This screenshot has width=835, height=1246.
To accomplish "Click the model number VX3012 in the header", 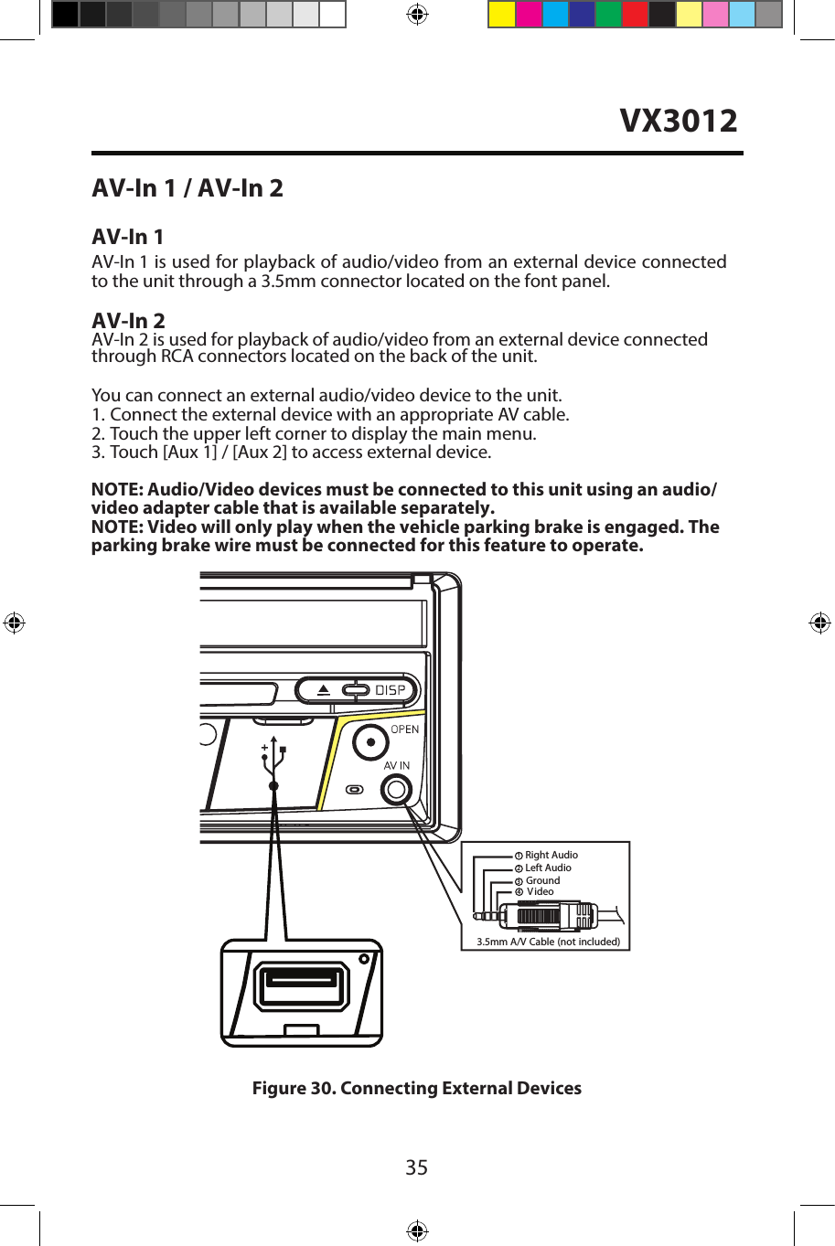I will click(678, 121).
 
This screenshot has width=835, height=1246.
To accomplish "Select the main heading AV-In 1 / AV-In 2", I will click(187, 188).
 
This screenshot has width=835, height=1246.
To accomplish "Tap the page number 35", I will click(416, 1167).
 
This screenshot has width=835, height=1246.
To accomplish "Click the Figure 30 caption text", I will click(416, 1088).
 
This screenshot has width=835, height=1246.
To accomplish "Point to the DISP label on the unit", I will click(391, 690).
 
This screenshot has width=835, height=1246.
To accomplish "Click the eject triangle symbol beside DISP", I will click(324, 690).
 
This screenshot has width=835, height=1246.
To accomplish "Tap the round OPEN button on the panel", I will click(370, 742).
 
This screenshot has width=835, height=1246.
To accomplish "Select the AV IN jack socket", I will click(397, 789).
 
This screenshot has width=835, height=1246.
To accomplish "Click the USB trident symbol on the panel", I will click(273, 759).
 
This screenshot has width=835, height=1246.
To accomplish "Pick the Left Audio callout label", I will click(548, 868).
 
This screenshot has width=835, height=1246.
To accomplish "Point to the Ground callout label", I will click(542, 880).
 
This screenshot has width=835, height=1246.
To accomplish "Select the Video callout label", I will click(540, 891).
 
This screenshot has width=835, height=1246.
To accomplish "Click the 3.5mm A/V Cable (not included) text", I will click(548, 941).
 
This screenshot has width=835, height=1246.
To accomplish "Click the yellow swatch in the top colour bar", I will click(501, 15).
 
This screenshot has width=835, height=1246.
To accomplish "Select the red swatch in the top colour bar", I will click(635, 15).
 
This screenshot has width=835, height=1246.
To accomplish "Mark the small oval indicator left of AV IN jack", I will click(355, 789).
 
